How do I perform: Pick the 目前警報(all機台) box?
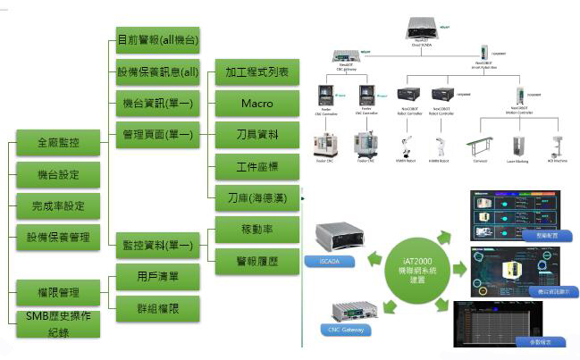(x=158, y=41)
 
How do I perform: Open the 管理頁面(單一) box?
(x=158, y=135)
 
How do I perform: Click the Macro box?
(x=257, y=105)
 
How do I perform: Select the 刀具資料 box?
(x=257, y=136)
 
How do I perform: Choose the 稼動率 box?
(x=257, y=229)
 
